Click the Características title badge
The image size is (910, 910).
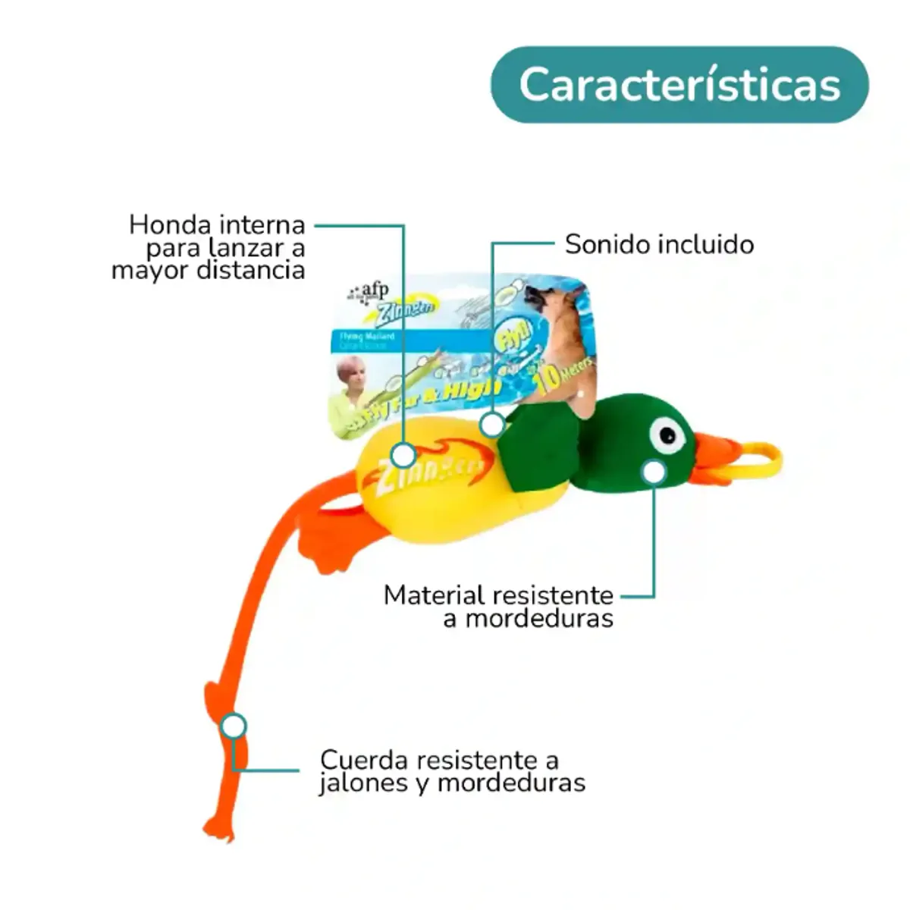pos(679,84)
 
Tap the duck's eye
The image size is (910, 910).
pos(668,435)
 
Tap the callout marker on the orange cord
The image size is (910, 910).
pos(234,726)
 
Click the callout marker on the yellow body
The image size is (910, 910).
pos(403,455)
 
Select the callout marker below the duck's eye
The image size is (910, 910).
pos(653,472)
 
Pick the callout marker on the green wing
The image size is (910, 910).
pos(493,425)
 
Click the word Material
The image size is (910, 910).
pos(434,595)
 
